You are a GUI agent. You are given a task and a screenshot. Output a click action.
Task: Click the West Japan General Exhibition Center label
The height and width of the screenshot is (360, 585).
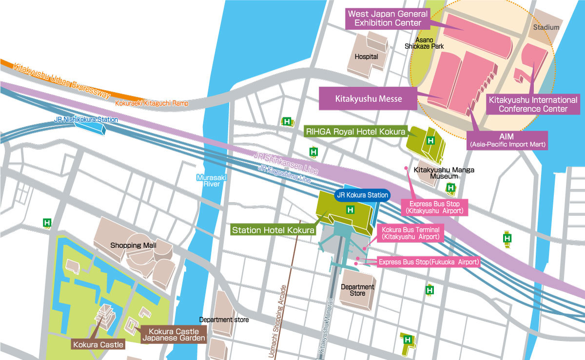388,19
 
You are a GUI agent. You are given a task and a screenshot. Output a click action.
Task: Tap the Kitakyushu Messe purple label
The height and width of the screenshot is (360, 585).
369,98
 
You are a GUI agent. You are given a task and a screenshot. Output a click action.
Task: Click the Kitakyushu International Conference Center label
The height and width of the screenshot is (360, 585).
533,104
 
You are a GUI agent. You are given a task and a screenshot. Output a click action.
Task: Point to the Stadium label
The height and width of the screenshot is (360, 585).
546,28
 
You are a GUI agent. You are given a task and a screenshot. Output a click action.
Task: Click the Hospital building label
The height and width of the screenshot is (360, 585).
366,57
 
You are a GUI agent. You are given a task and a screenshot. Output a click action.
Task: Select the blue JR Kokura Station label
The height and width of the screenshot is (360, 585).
362,195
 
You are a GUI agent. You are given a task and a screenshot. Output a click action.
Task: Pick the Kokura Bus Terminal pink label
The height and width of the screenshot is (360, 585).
410,233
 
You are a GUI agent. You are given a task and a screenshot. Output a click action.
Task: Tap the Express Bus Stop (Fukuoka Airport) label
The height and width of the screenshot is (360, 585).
429,263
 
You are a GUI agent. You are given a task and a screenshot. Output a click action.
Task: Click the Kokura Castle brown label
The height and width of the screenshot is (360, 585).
97,345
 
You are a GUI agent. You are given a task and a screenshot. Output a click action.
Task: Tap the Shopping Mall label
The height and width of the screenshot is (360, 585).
134,245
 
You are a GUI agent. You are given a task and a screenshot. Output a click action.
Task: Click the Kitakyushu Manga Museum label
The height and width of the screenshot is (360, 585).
444,174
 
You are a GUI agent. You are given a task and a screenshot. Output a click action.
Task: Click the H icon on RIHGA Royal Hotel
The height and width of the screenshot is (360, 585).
430,141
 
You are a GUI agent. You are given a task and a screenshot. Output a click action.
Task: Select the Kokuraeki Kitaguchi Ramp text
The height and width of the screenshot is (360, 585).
151,103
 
